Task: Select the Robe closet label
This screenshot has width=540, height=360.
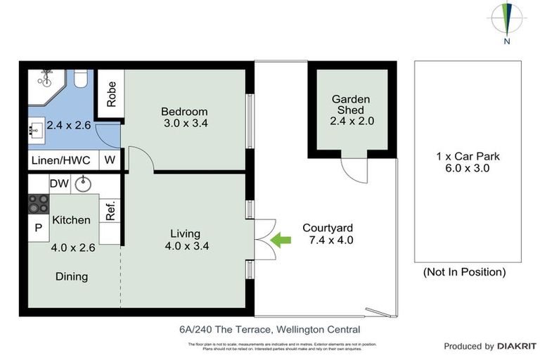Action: coord(111,94)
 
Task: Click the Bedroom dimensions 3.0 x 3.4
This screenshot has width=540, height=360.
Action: coord(184,124)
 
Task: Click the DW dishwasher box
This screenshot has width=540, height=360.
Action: coord(59,184)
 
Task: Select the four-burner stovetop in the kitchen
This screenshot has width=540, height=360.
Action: coord(39,204)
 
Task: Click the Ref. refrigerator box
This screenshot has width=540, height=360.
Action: coord(110,211)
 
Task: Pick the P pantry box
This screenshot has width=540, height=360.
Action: coord(38,227)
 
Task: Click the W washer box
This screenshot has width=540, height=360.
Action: coord(110,160)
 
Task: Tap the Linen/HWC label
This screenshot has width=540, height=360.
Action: coord(61,160)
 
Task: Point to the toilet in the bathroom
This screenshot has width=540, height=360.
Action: coord(80,78)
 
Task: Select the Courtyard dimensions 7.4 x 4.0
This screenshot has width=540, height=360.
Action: coord(327,240)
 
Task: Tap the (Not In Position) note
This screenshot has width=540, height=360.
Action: coord(463,272)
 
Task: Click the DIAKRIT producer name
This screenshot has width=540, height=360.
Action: coord(517,346)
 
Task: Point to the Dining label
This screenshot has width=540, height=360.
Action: coord(72,276)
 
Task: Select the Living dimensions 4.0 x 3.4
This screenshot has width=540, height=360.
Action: coord(185,246)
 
